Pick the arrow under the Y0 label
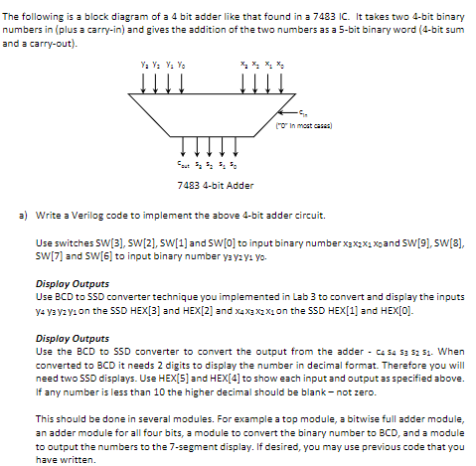[181, 87]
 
